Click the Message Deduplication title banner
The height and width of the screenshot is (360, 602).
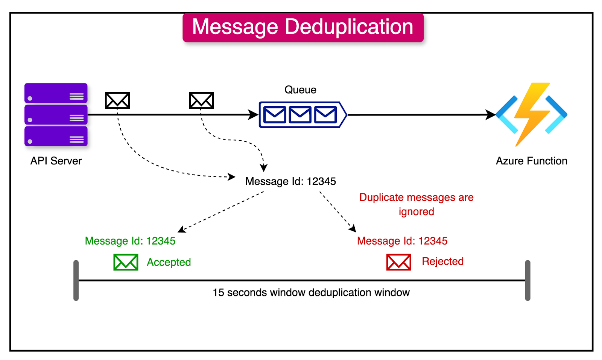coord(303,27)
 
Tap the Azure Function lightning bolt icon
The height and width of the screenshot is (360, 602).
coord(531,114)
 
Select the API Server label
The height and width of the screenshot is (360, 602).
coord(56,161)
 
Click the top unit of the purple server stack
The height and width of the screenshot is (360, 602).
coord(56,93)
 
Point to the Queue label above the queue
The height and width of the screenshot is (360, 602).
coord(300,90)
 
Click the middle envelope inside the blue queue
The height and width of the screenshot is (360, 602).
coord(300,115)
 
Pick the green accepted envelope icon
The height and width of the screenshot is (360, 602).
coord(126,262)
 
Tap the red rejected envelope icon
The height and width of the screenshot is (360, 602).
coord(398,262)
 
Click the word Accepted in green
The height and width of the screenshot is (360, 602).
coord(169,262)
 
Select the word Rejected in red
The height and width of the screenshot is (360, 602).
coord(442,261)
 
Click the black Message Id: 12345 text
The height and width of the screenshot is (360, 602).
coord(290,181)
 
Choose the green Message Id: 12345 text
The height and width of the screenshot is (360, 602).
coord(130,241)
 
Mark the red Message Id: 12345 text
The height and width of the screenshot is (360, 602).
coord(402,241)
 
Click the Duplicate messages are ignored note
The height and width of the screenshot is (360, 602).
coord(416,204)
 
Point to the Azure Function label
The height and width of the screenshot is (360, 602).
coord(531,161)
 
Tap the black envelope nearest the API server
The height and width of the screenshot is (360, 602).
coord(117,100)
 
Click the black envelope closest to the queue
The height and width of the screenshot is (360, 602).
coord(201,100)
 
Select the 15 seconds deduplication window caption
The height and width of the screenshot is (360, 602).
coord(311,293)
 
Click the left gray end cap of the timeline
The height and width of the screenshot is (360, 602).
coord(76,280)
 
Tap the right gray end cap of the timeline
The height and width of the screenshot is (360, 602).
coord(528,280)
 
